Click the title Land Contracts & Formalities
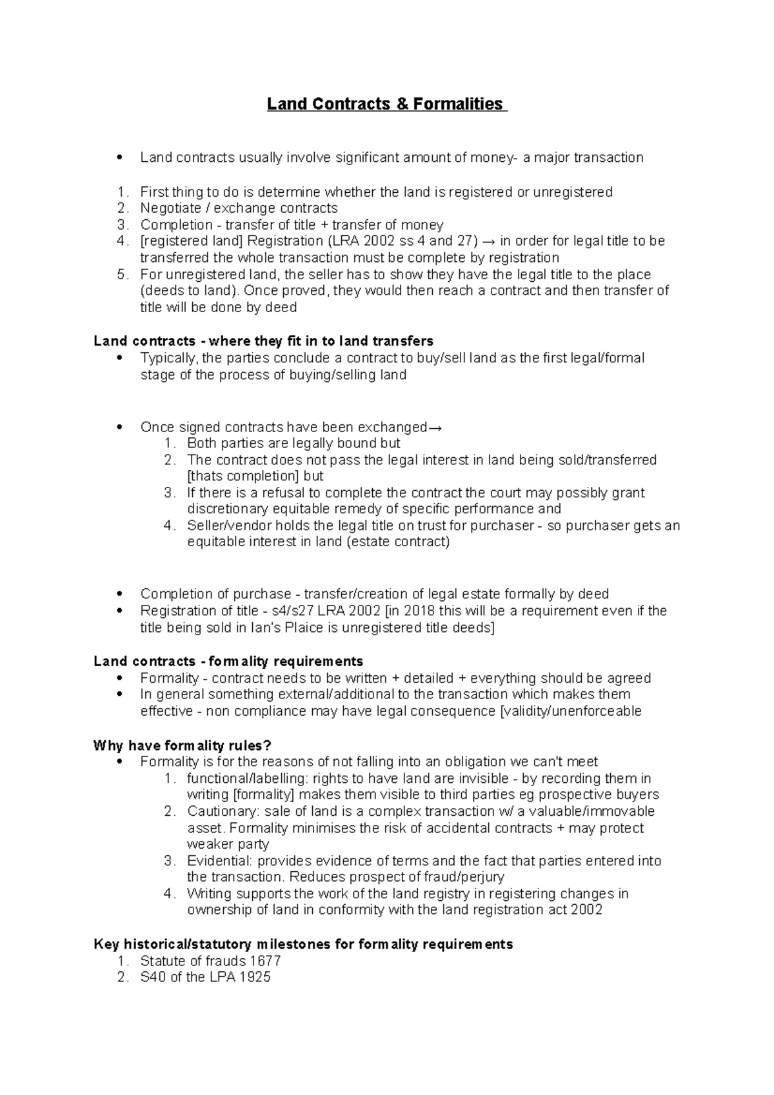[x=387, y=104]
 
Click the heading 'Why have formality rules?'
[x=183, y=745]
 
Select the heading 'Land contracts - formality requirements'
[x=228, y=661]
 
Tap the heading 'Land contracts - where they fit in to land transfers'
[x=263, y=340]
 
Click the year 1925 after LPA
[x=255, y=977]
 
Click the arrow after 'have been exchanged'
[x=435, y=428]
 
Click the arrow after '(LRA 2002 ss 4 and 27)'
[x=490, y=241]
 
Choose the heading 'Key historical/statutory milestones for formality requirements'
[x=303, y=944]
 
